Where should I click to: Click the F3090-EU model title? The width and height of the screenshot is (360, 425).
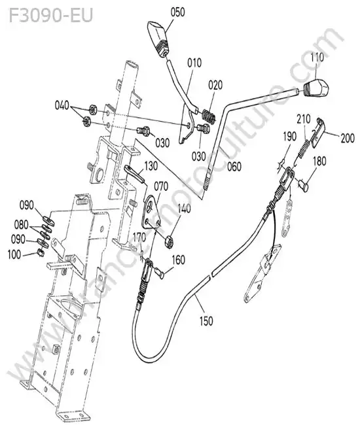pos(51,16)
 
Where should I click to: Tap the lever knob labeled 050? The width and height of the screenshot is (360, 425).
pos(158,39)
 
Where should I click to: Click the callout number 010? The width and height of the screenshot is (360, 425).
pos(194,63)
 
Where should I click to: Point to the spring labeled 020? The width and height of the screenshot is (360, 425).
pos(209,116)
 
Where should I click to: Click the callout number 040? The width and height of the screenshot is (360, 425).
pos(62,105)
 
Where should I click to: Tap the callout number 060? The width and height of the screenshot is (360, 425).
pos(234,167)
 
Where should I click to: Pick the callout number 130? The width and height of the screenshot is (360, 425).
pos(151,166)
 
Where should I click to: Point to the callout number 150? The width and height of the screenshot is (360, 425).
pos(206,321)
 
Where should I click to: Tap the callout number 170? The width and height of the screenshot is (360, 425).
pos(139,237)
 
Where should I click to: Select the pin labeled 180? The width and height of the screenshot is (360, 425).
pos(303,186)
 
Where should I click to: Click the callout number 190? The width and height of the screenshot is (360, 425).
pos(290,137)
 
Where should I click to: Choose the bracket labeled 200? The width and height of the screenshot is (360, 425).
pos(318,133)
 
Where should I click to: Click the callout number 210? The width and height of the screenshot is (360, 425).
pos(303,119)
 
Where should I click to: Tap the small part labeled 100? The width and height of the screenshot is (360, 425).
pos(41,253)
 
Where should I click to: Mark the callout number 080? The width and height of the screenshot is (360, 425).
pos(21,224)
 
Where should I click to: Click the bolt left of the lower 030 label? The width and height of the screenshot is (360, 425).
pos(203,128)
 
